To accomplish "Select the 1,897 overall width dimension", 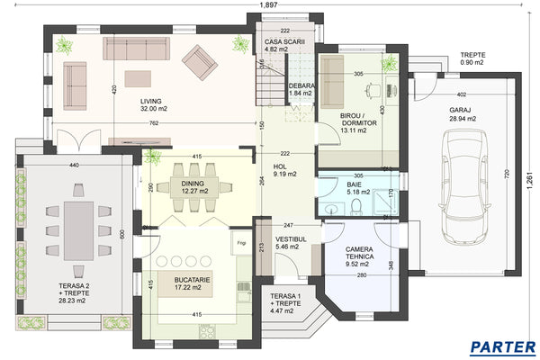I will click(267, 5).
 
